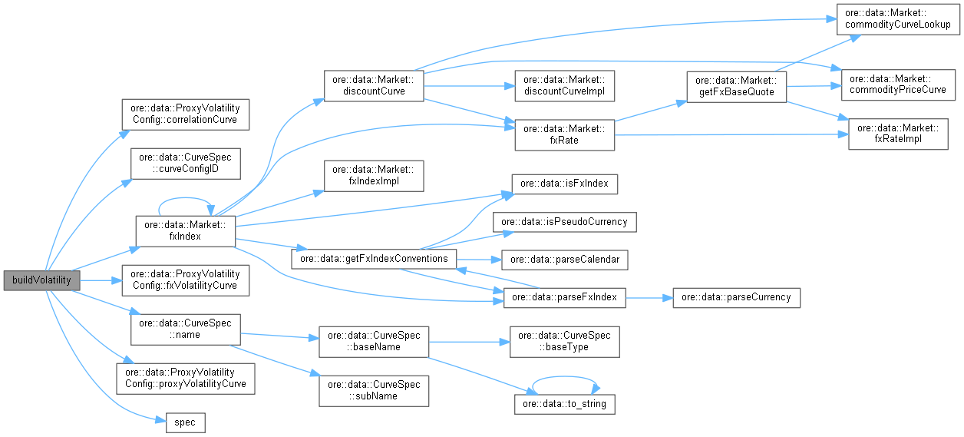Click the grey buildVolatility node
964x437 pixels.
coord(41,280)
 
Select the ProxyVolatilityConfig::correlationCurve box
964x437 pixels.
coord(185,114)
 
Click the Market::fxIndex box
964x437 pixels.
coord(184,231)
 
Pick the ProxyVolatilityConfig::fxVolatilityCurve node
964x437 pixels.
coord(185,280)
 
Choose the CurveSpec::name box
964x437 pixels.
coord(186,329)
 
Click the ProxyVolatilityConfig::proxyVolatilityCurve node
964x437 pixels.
coord(185,377)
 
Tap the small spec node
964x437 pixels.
coord(186,422)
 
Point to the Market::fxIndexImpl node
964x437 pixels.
coord(374,177)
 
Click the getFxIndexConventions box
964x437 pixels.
coord(374,259)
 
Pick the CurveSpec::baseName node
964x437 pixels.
coord(374,341)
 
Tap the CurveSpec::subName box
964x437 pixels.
coord(374,389)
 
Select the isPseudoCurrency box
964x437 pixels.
coord(565,222)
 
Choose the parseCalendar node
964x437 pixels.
coord(565,260)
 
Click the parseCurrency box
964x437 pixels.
coord(736,297)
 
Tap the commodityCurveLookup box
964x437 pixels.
coord(897,18)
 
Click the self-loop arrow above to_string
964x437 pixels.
coord(565,379)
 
